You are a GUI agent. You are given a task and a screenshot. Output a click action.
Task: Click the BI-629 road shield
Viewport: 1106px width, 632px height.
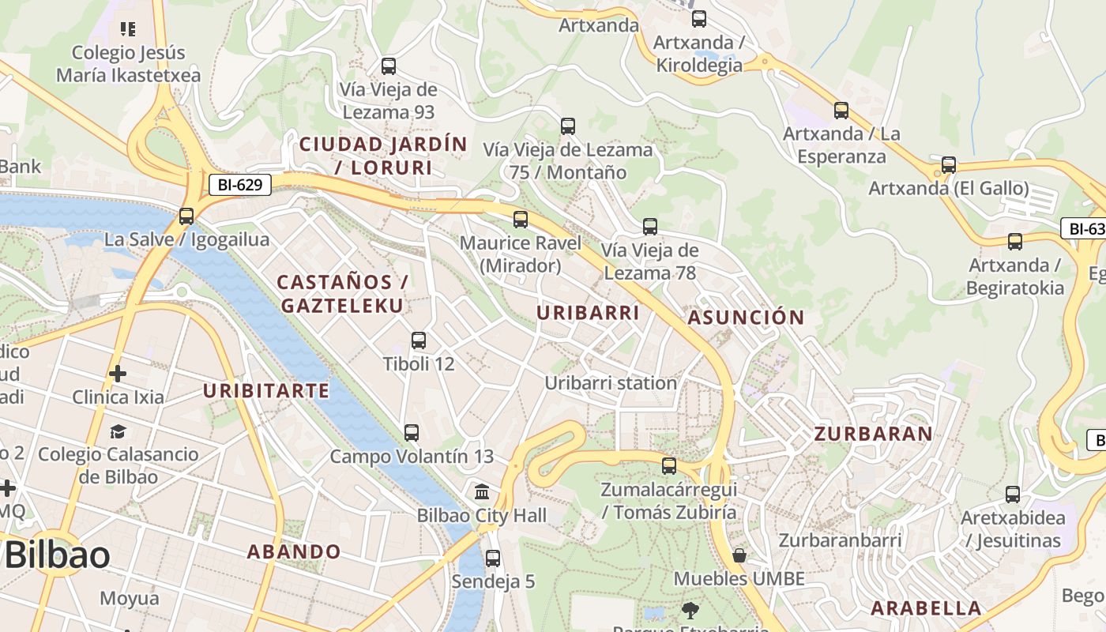(x=240, y=186)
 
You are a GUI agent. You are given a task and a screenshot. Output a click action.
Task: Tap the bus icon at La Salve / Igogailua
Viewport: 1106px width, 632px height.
(x=186, y=216)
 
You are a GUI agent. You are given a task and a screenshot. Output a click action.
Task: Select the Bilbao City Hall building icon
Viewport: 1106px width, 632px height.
(x=482, y=492)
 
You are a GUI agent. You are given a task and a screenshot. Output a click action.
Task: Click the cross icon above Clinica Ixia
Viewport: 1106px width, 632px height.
(x=118, y=373)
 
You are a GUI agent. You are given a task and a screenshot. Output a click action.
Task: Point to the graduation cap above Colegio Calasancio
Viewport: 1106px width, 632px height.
(x=118, y=431)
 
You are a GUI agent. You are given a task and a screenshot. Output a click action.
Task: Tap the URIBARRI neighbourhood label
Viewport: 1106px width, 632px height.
(x=588, y=313)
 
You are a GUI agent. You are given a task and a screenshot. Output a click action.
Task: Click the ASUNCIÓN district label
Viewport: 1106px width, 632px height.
(x=746, y=318)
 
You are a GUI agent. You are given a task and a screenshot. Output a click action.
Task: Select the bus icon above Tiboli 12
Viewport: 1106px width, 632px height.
(x=419, y=340)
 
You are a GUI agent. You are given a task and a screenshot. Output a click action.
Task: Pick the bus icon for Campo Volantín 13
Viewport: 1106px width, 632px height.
(x=412, y=433)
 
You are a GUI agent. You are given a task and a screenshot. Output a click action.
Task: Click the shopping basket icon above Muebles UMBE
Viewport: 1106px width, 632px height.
(x=739, y=555)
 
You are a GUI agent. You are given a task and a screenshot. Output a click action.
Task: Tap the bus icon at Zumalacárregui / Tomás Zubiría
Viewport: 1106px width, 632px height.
(x=669, y=465)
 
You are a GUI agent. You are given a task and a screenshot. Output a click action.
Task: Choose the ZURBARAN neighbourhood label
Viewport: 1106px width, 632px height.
(x=873, y=434)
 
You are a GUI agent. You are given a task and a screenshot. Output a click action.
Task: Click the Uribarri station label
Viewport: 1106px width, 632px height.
(x=611, y=383)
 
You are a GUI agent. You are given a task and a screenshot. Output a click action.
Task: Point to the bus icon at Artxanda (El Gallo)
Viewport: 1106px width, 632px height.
(x=949, y=165)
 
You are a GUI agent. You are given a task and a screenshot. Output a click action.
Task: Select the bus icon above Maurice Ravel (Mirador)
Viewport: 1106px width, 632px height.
(x=521, y=220)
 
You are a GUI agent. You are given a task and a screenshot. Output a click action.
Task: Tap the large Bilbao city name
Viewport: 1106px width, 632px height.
(x=57, y=555)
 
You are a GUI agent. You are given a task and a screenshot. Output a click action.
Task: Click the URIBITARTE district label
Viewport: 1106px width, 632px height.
(x=266, y=390)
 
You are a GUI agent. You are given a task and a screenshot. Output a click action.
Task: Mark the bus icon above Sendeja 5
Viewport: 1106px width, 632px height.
(x=493, y=558)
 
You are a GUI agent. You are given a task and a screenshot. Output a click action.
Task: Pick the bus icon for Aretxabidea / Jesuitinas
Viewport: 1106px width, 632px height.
(x=1013, y=495)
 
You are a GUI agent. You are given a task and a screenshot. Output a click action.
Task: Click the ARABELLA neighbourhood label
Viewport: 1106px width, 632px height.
(x=926, y=608)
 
